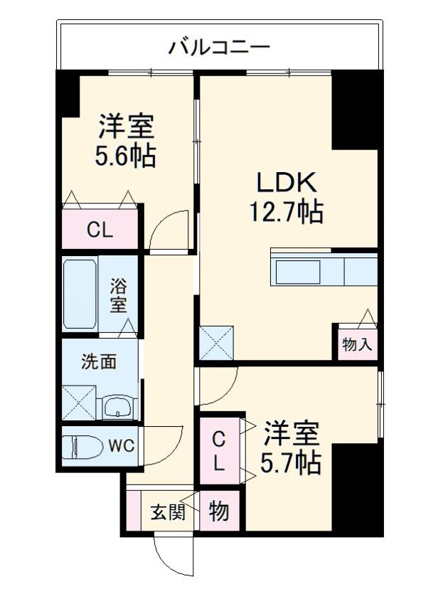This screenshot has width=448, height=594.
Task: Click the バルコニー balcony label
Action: [219, 48]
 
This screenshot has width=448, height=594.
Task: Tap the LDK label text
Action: [287, 182]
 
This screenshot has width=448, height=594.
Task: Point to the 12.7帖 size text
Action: [286, 211]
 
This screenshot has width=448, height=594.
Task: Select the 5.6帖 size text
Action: [125, 156]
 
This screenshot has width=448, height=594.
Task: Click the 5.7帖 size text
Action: [290, 463]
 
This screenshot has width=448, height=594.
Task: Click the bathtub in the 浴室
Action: [80, 294]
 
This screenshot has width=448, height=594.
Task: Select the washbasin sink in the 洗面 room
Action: [117, 408]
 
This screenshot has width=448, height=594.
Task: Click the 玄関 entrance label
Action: [168, 512]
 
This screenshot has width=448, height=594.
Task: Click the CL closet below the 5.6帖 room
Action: [100, 229]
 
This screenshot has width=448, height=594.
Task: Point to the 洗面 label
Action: [99, 362]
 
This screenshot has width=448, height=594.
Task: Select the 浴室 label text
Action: [118, 295]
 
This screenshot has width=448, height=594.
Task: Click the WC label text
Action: [122, 446]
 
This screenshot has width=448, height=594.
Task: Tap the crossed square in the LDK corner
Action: [216, 342]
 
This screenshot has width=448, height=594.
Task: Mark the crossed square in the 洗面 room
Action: [79, 403]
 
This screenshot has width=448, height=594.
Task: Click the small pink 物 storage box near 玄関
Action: [220, 510]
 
